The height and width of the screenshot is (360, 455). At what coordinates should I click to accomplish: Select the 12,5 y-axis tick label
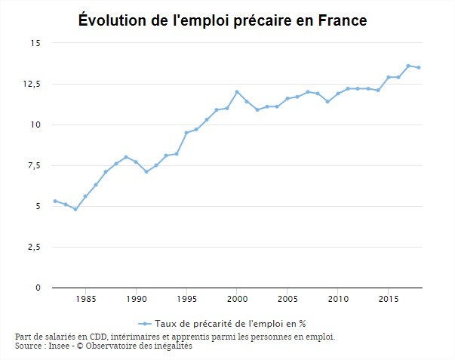click(31, 84)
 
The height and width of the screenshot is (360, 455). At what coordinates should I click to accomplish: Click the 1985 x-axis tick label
click(85, 299)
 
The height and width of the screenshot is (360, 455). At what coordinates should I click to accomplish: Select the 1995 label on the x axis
click(186, 299)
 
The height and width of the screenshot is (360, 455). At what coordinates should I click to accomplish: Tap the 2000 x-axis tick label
click(237, 299)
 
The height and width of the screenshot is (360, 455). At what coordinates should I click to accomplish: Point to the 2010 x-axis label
click(338, 299)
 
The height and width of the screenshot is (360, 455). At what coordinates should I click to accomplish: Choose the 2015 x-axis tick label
click(389, 299)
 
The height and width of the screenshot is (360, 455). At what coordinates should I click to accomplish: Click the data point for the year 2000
click(237, 92)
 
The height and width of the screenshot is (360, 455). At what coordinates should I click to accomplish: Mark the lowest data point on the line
click(75, 209)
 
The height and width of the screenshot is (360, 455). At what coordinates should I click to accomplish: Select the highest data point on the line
click(408, 66)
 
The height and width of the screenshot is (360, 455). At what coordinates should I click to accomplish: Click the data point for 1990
click(136, 162)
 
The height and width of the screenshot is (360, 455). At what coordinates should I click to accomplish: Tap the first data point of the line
click(55, 201)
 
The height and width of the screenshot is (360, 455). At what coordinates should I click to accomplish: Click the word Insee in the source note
click(58, 346)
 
